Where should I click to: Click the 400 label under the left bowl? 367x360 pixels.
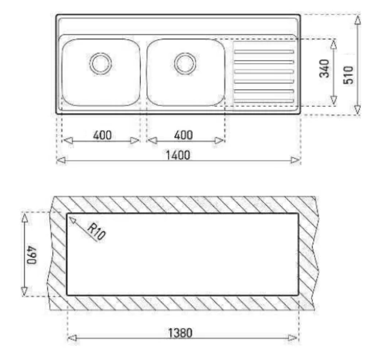(x=103, y=135)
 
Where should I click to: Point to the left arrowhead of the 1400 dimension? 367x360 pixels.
(x=60, y=161)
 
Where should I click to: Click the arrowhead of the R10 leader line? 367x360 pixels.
(x=71, y=217)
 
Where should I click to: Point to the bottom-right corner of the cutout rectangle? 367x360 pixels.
(x=299, y=294)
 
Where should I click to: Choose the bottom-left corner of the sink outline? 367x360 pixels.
(x=57, y=112)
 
